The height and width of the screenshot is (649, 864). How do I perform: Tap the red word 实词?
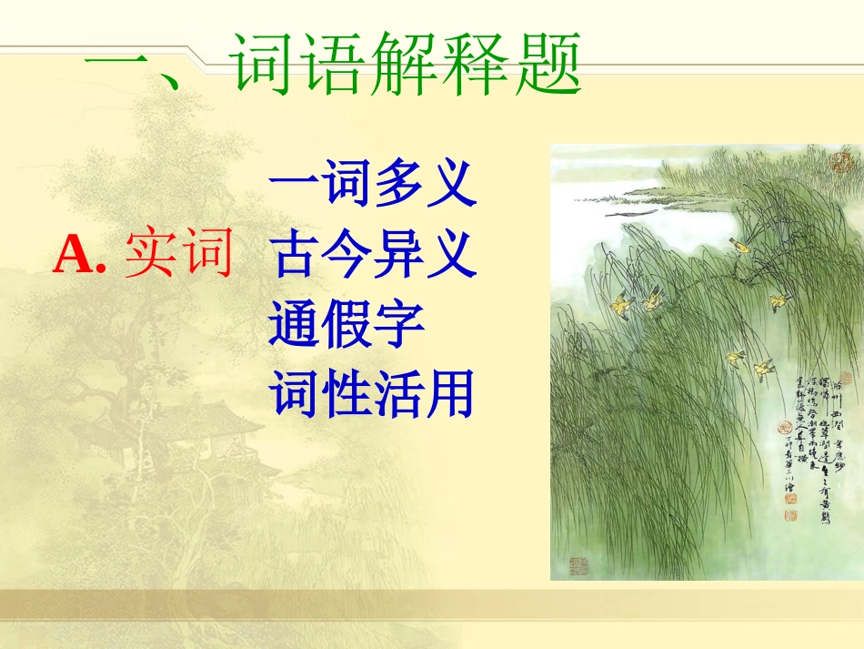pyautogui.click(x=179, y=254)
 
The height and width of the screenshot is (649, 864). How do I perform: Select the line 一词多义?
pyautogui.click(x=373, y=185)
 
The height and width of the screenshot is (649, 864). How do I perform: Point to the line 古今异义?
pyautogui.click(x=373, y=254)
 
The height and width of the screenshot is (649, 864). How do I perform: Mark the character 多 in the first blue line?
pyautogui.click(x=398, y=185)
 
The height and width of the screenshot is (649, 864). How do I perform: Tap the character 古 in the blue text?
pyautogui.click(x=295, y=254)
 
